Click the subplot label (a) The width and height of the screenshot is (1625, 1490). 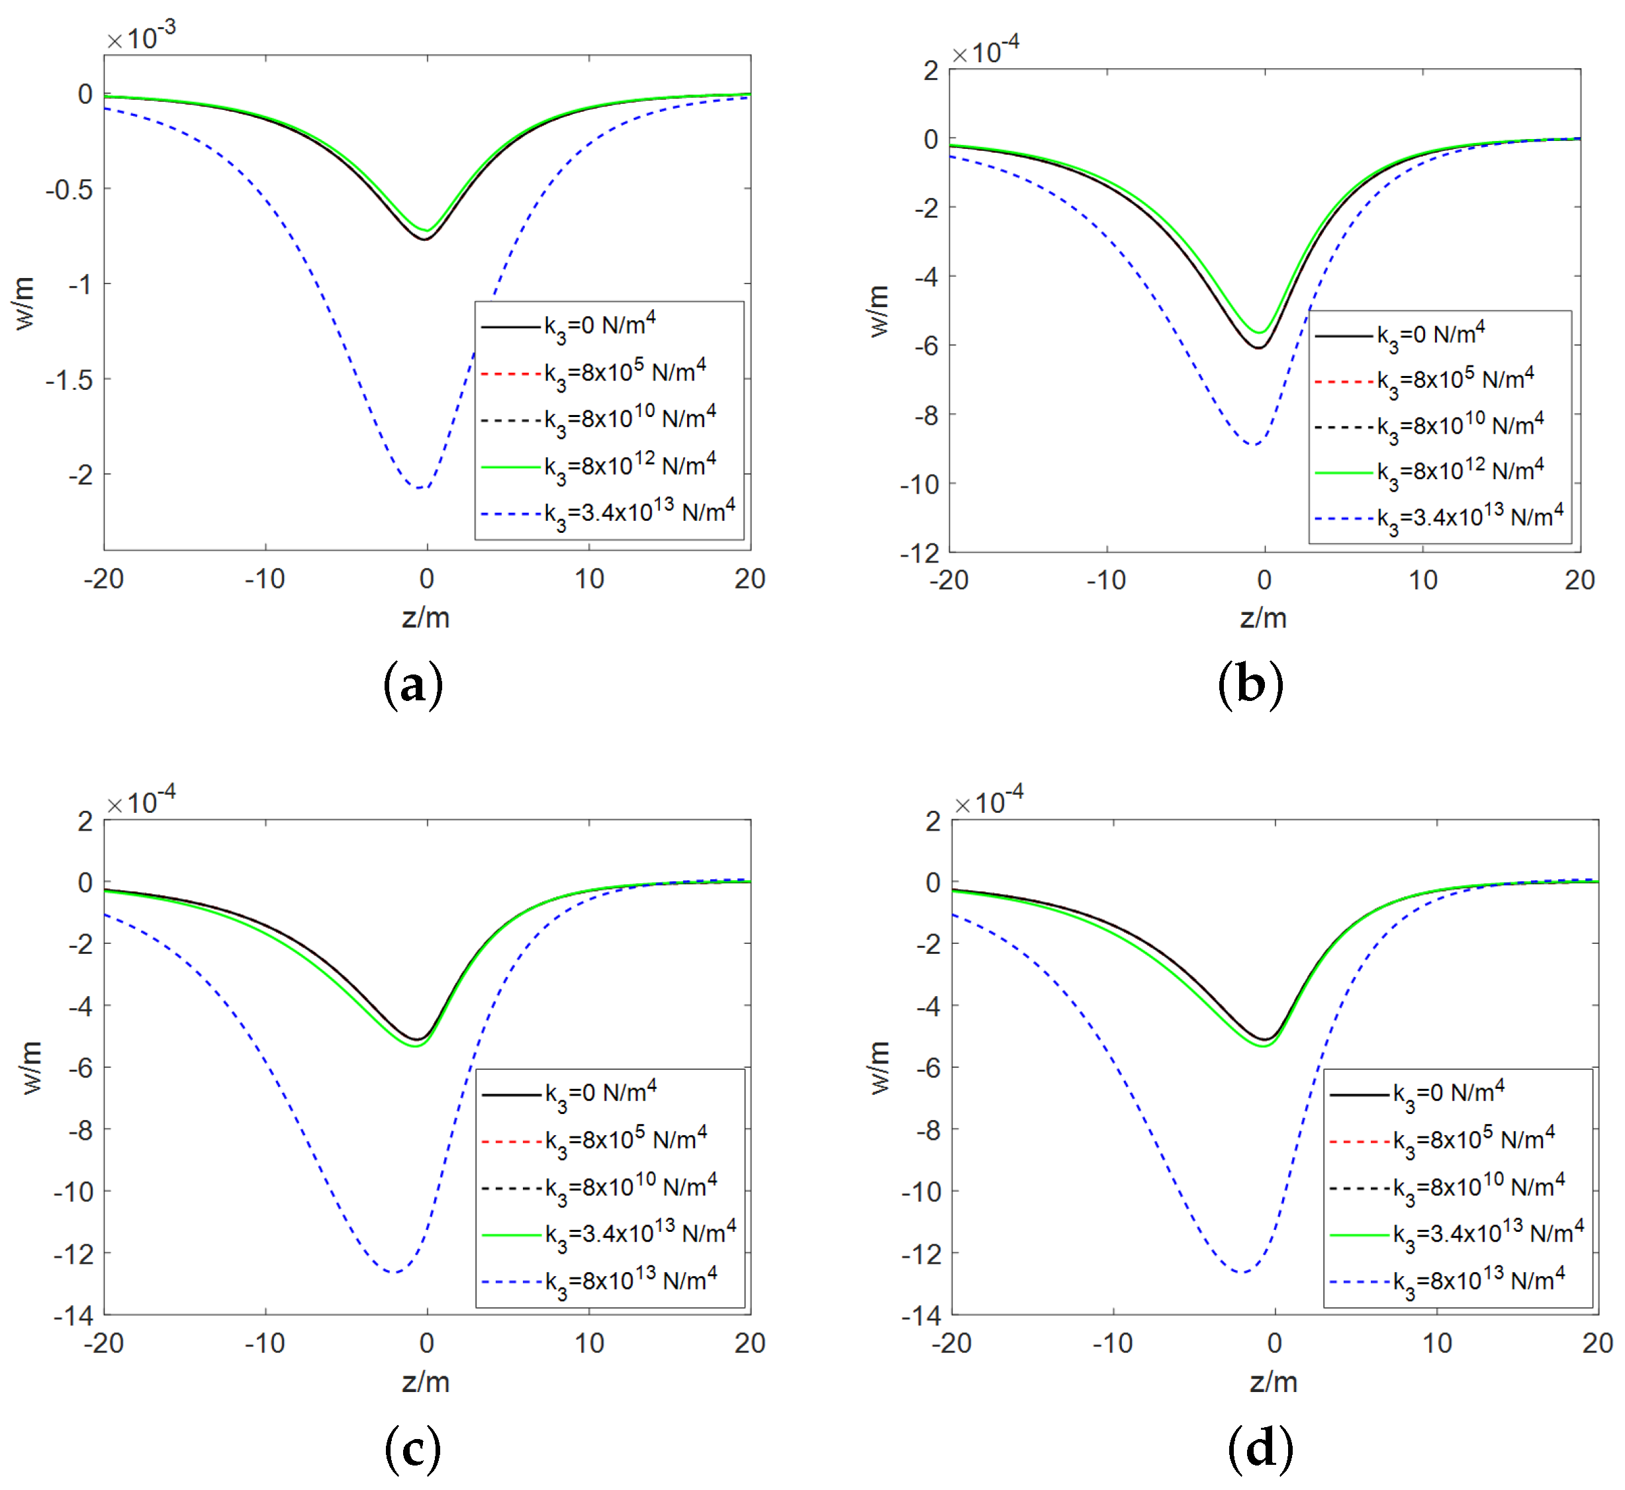tap(412, 685)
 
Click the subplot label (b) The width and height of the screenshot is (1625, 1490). tap(1250, 685)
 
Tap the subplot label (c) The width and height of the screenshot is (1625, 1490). tap(412, 1448)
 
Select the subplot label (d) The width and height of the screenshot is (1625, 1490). tap(1260, 1448)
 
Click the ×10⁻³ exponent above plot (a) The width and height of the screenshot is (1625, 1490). tap(142, 36)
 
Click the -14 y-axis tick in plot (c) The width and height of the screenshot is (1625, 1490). tap(73, 1317)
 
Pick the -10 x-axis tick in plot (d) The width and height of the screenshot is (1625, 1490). tap(1113, 1343)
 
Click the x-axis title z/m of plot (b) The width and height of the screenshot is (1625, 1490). tap(1263, 618)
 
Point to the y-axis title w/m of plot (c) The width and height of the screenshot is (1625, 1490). tap(30, 1067)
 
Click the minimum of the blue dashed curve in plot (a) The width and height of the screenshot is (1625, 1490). tap(421, 488)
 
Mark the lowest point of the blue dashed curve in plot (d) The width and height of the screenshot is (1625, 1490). tap(1242, 1272)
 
